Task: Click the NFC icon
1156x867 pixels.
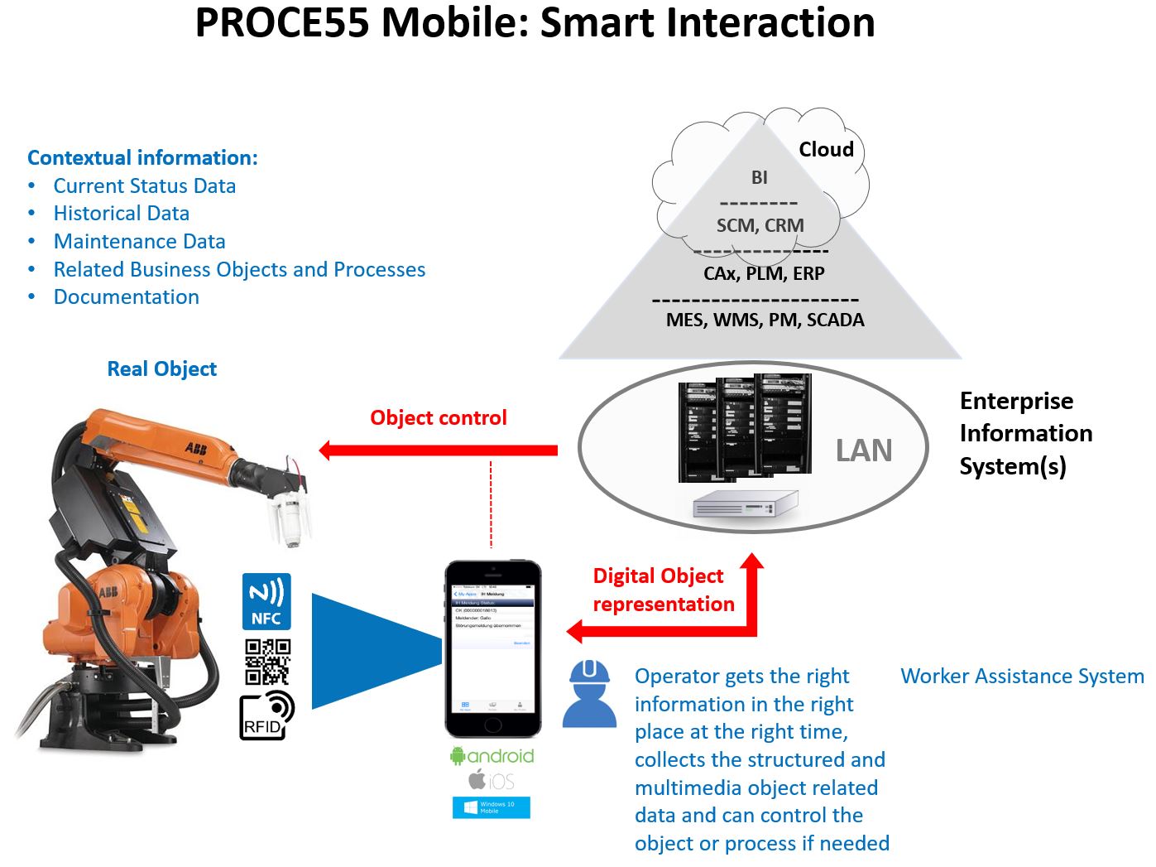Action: pos(266,601)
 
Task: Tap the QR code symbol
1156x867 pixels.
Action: pos(267,661)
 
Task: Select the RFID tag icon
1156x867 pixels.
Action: pos(267,715)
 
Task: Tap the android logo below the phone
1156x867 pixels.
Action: pos(492,756)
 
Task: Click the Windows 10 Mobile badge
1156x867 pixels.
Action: pos(492,807)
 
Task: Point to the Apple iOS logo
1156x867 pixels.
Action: pos(492,780)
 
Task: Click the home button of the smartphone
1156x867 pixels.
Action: pos(493,723)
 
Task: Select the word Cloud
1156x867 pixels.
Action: pos(826,150)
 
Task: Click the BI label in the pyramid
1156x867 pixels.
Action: pos(759,177)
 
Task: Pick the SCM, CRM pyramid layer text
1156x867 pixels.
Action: pos(760,225)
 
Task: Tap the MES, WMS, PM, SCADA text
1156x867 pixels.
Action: pos(765,320)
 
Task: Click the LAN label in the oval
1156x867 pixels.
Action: pos(864,450)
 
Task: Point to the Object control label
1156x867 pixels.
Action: pos(439,418)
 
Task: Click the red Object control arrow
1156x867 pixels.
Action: pos(439,450)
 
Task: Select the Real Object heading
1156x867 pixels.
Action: pos(162,369)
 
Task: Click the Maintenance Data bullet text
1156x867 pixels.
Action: pos(139,242)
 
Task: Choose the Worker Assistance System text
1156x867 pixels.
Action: pos(1022,677)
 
